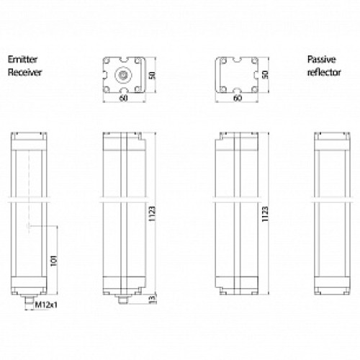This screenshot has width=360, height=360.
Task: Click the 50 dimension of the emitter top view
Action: click(152, 76)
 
